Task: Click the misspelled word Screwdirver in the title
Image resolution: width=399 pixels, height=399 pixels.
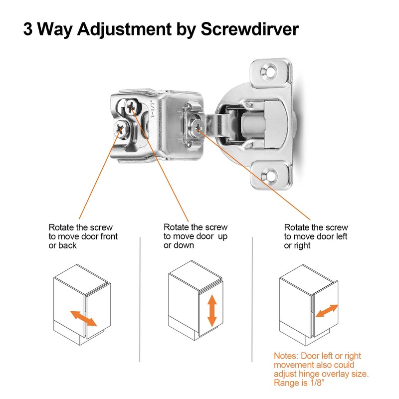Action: (x=249, y=29)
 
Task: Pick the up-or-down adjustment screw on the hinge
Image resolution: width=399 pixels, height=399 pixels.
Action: (x=132, y=105)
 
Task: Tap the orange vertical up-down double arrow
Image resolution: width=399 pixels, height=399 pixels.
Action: (x=212, y=310)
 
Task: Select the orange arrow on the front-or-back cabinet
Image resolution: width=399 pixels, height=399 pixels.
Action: (x=83, y=318)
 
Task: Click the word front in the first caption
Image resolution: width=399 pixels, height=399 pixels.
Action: (x=108, y=236)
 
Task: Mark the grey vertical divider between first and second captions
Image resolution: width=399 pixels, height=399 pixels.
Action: (x=140, y=299)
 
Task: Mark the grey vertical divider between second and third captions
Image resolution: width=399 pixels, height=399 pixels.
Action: (x=254, y=299)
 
